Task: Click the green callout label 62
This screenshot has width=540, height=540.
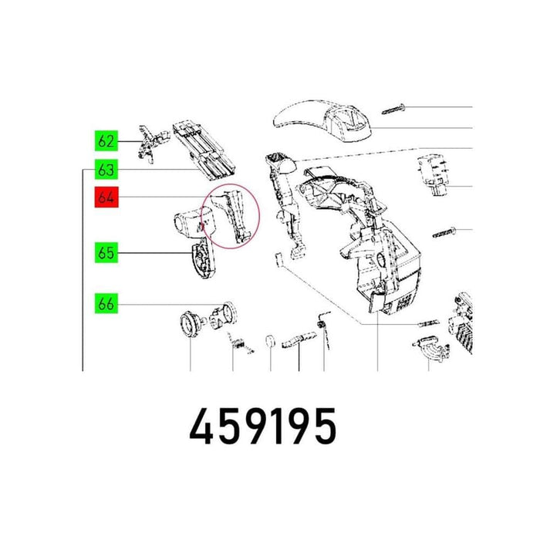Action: [106, 141]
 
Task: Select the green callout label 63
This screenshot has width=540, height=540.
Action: [106, 169]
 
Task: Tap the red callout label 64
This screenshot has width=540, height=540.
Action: [106, 197]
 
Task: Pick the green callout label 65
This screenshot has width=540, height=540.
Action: [106, 253]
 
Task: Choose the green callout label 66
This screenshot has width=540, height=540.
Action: [106, 303]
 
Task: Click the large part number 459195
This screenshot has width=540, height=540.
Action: [262, 426]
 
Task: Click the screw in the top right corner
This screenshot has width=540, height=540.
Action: [393, 109]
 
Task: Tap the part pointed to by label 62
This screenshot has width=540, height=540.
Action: [154, 143]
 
